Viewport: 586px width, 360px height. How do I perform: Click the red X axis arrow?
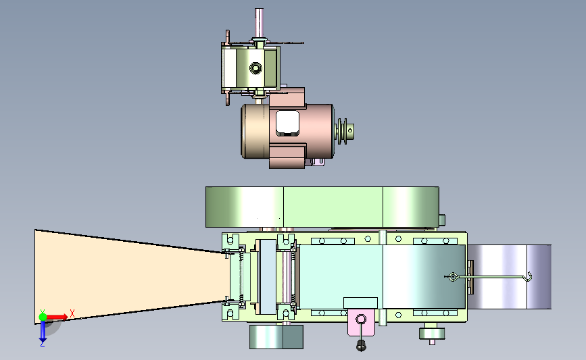click(57, 317)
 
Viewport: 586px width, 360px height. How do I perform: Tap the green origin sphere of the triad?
click(43, 317)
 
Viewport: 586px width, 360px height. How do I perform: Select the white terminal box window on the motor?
click(287, 123)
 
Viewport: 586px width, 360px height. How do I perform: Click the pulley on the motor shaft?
click(345, 131)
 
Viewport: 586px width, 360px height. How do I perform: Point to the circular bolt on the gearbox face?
click(255, 68)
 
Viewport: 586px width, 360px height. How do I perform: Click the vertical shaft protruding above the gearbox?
click(259, 22)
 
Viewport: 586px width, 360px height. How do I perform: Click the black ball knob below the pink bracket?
click(361, 346)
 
